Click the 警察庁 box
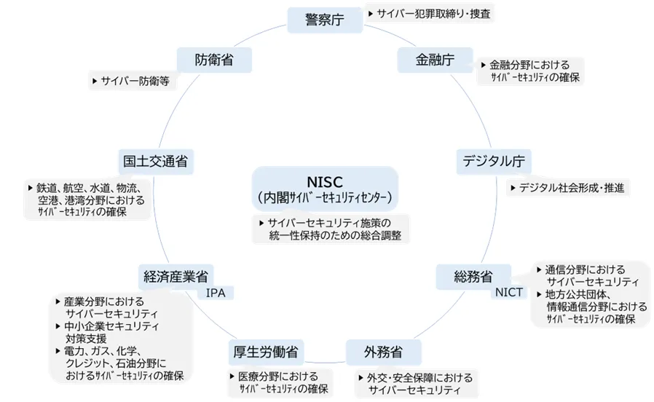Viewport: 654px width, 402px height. coord(325,20)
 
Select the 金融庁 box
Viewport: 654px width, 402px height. coord(435,60)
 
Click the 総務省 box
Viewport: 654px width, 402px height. coord(473,276)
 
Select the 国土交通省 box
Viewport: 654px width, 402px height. coord(155,161)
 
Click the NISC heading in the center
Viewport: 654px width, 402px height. coord(325,181)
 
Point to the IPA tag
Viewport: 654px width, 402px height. coord(216,293)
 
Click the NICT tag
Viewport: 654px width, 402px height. coord(508,293)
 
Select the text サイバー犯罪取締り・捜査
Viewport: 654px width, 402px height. coord(433,13)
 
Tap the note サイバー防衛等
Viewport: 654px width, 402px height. coord(135,82)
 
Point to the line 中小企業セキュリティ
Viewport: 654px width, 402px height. coord(111,326)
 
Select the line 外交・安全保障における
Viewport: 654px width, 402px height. coord(419,378)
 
